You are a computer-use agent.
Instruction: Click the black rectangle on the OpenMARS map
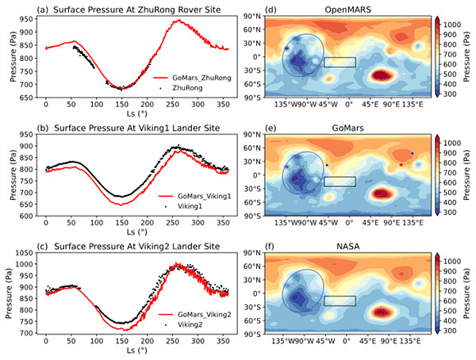coord(340,62)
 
